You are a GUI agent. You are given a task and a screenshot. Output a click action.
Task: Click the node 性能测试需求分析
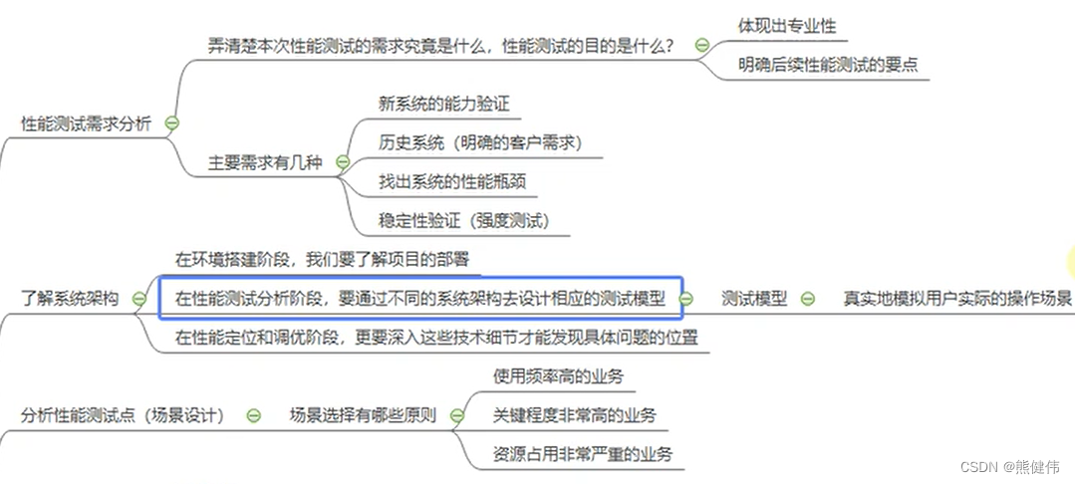point(86,124)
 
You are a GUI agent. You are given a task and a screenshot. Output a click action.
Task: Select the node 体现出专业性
point(781,26)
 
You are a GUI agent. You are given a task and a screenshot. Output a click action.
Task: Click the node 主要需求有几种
point(265,162)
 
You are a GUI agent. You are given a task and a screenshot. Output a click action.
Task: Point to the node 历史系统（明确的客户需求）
point(480,142)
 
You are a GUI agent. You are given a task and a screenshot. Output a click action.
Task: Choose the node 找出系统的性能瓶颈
point(452,181)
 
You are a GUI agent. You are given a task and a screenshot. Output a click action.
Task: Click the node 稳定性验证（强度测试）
point(464,220)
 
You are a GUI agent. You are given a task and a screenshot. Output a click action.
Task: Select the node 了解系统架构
point(70,298)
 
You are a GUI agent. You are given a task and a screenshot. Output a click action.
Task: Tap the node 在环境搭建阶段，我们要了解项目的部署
point(321,259)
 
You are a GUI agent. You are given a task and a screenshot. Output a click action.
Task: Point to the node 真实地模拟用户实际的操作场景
point(956,298)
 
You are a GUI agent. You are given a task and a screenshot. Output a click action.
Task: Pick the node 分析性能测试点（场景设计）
point(123,414)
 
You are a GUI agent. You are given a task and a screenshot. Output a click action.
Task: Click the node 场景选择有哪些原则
point(362,414)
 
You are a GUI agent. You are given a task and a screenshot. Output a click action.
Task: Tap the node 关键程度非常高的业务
point(574,414)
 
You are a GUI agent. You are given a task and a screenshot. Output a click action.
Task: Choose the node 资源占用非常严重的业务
point(582,454)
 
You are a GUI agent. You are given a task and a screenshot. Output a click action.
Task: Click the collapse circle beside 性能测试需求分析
point(171,123)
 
